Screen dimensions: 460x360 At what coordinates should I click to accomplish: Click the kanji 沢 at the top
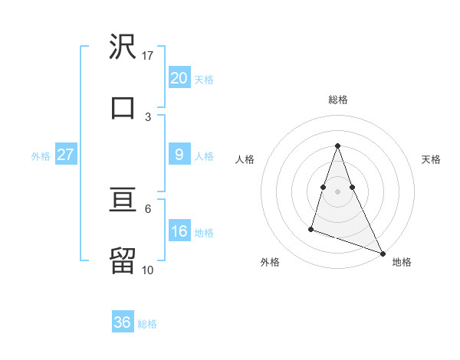tap(123, 48)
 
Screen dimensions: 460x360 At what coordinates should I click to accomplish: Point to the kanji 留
tap(123, 260)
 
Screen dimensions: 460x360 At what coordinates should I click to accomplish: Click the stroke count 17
tap(148, 55)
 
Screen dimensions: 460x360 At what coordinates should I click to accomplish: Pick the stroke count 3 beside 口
tap(148, 116)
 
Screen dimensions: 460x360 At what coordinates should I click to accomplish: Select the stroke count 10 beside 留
tap(148, 270)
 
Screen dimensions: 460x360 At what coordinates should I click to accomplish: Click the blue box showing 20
tap(179, 78)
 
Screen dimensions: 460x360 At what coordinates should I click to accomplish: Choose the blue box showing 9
tap(179, 155)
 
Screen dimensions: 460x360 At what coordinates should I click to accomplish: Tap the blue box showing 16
tap(179, 231)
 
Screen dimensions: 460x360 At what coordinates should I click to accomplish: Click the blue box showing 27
tap(65, 155)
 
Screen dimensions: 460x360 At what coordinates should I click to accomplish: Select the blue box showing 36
tap(123, 322)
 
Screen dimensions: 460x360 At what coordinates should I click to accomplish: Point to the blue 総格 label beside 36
tap(147, 324)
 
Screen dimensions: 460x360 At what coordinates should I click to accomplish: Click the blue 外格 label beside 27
tap(41, 156)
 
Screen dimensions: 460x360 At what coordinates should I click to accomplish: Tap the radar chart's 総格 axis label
tap(338, 100)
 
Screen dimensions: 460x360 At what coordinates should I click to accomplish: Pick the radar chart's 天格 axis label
tap(431, 159)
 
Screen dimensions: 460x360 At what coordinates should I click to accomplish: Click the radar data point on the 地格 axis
tap(382, 252)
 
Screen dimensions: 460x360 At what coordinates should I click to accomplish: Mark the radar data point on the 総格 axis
tap(338, 146)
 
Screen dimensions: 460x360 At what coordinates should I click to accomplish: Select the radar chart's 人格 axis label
tap(245, 159)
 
